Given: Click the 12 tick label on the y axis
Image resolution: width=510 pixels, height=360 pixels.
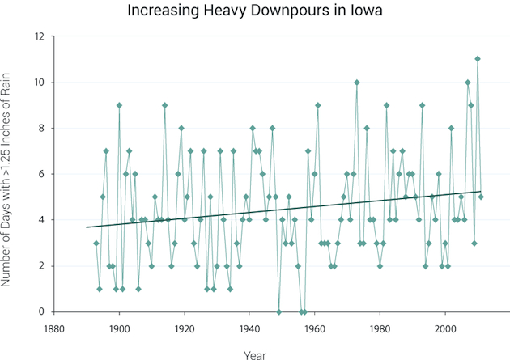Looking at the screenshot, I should [x=40, y=36].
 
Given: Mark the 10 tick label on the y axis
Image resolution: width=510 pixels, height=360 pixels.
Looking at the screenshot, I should [x=40, y=83].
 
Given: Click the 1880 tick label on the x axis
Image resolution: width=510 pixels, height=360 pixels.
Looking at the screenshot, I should [x=54, y=329].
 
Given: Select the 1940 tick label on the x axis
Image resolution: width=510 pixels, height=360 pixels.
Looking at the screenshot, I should [x=249, y=329].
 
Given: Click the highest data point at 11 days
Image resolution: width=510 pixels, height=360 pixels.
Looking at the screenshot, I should [x=478, y=59].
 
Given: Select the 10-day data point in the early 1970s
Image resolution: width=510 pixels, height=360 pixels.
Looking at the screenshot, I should [x=357, y=82].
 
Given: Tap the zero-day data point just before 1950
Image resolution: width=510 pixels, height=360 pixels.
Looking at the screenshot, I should [x=278, y=311].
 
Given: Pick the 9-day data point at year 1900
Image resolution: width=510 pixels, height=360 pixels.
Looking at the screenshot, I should [x=119, y=105].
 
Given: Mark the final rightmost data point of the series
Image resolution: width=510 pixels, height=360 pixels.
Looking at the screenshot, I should [x=481, y=197].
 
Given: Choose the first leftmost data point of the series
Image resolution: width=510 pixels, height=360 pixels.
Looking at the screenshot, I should [x=96, y=243].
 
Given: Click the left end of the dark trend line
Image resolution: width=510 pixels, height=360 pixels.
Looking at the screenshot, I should [x=87, y=227].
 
